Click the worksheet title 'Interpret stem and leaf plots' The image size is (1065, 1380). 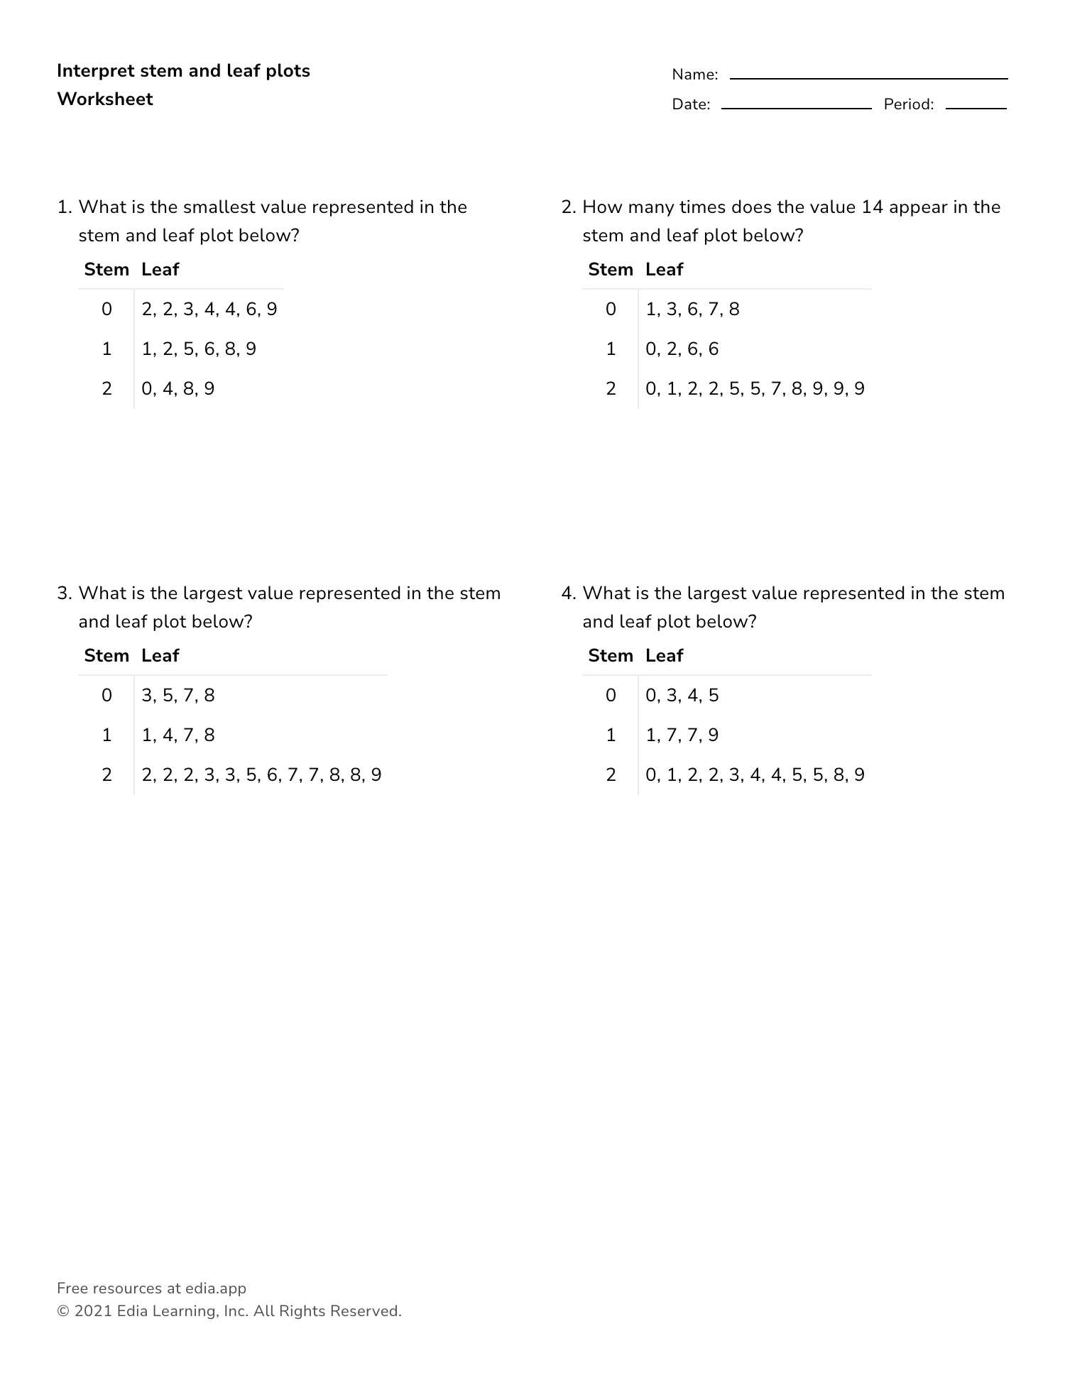(x=183, y=71)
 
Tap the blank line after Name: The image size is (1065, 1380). (x=868, y=77)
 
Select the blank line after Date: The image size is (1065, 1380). (x=796, y=107)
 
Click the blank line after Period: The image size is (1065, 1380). (x=976, y=107)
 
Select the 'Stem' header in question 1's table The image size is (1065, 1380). (x=106, y=270)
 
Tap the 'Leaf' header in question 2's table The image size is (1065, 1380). (x=664, y=270)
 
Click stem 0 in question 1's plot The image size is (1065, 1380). (x=106, y=310)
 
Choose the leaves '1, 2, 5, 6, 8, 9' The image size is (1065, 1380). (x=199, y=349)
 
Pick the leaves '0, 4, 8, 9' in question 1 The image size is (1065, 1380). (x=177, y=389)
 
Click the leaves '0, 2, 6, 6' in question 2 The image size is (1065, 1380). (x=682, y=349)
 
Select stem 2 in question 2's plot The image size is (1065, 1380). (x=611, y=389)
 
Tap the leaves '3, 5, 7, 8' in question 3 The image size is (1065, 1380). (x=177, y=696)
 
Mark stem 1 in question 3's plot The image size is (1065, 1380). (x=106, y=735)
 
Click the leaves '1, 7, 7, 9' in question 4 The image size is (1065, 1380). (x=682, y=735)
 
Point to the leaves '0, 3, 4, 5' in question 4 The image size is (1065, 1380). (x=682, y=696)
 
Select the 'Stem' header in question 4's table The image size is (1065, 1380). (x=611, y=656)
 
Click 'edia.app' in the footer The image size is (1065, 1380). (x=215, y=1288)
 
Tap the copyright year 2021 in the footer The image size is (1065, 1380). (x=93, y=1311)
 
